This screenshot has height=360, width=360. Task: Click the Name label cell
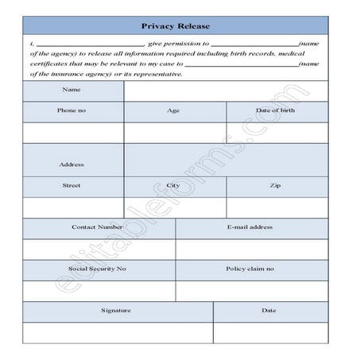pyautogui.click(x=72, y=90)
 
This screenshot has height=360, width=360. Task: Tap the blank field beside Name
pyautogui.click(x=225, y=91)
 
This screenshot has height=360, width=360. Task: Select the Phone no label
pyautogui.click(x=72, y=110)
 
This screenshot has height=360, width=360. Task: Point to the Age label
pyautogui.click(x=174, y=110)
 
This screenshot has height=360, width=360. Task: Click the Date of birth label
pyautogui.click(x=276, y=110)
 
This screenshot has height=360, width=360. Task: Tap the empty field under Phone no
pyautogui.click(x=72, y=132)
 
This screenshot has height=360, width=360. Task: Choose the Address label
pyautogui.click(x=72, y=165)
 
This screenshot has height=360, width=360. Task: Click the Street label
pyautogui.click(x=72, y=185)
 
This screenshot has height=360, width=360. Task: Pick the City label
pyautogui.click(x=174, y=185)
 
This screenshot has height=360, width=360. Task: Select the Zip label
pyautogui.click(x=276, y=185)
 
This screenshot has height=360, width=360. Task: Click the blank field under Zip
pyautogui.click(x=276, y=207)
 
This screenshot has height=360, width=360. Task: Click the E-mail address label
pyautogui.click(x=250, y=227)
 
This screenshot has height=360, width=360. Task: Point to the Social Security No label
pyautogui.click(x=97, y=269)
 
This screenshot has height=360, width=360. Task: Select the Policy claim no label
pyautogui.click(x=250, y=269)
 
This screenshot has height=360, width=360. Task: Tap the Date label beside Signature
pyautogui.click(x=269, y=311)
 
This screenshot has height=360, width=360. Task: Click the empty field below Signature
pyautogui.click(x=117, y=332)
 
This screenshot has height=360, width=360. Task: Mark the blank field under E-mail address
pyautogui.click(x=250, y=249)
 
